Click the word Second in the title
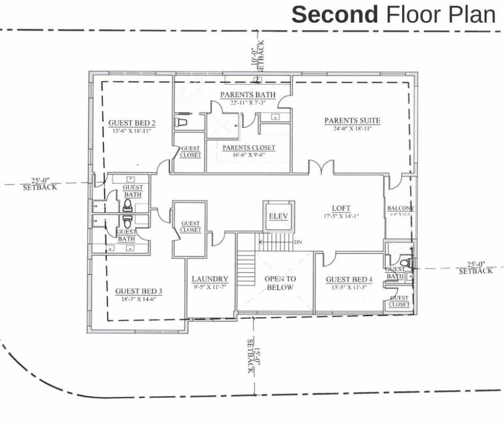[334, 15]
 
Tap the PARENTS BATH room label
[248, 95]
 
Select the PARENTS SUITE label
[352, 121]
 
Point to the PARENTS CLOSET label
[249, 148]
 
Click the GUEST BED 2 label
[132, 123]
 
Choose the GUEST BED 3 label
[139, 291]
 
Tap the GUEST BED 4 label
[349, 280]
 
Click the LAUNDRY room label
[210, 279]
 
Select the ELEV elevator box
[278, 215]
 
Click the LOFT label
[341, 208]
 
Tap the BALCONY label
[400, 208]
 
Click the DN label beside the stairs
[298, 242]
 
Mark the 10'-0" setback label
[256, 55]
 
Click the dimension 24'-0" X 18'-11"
[352, 128]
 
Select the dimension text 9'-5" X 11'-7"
[210, 287]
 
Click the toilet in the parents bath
[181, 121]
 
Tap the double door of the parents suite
[321, 167]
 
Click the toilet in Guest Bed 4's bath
[405, 262]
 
